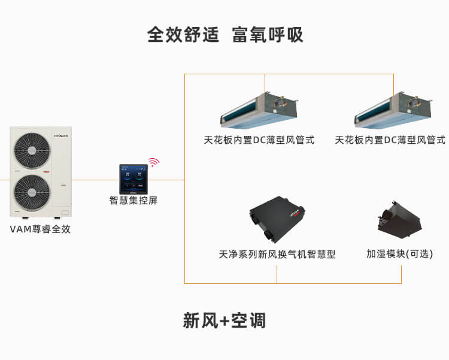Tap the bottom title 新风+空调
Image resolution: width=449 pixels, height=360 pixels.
tap(224, 320)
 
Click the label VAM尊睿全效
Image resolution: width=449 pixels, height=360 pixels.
tap(40, 229)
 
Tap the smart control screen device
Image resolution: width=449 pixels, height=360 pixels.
tap(134, 179)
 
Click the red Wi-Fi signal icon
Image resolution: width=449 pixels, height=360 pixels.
tap(154, 162)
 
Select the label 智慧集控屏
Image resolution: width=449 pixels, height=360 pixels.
tap(134, 200)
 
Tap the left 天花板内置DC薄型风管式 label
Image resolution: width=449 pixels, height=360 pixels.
tap(259, 140)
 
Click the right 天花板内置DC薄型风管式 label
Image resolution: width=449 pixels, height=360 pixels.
tap(390, 140)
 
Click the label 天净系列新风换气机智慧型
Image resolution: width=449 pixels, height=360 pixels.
tap(277, 255)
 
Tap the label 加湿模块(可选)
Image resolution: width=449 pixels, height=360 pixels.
tap(399, 254)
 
